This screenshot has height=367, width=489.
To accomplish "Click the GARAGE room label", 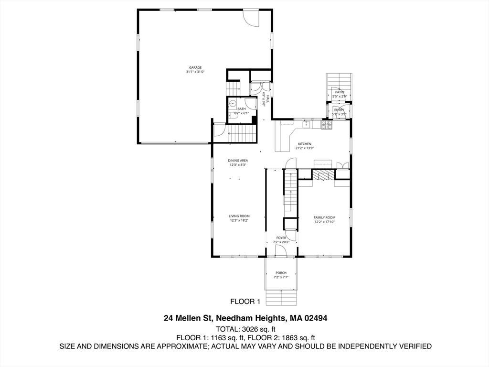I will (195, 68).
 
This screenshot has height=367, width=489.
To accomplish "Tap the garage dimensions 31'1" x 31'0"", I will (195, 72).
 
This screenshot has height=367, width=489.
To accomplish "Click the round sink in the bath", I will (233, 103).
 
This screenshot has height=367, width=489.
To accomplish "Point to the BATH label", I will (242, 109).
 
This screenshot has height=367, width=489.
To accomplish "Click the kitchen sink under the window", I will (307, 124).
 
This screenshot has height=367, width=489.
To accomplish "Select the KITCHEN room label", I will (305, 144).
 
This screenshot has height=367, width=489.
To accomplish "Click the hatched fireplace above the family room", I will (324, 175).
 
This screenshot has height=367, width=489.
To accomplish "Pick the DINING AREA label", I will (237, 161).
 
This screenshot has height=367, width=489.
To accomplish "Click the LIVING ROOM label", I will (239, 216).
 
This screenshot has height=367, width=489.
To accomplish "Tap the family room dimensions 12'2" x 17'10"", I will (324, 222).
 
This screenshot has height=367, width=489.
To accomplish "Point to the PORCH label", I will (281, 273).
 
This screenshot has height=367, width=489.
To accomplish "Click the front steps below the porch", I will (281, 298).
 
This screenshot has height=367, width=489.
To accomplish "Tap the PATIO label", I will (339, 92).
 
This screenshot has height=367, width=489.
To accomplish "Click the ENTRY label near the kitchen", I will (339, 110).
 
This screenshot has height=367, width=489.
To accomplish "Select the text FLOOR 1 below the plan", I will (245, 302).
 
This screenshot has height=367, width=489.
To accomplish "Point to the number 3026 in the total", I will (253, 329).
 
